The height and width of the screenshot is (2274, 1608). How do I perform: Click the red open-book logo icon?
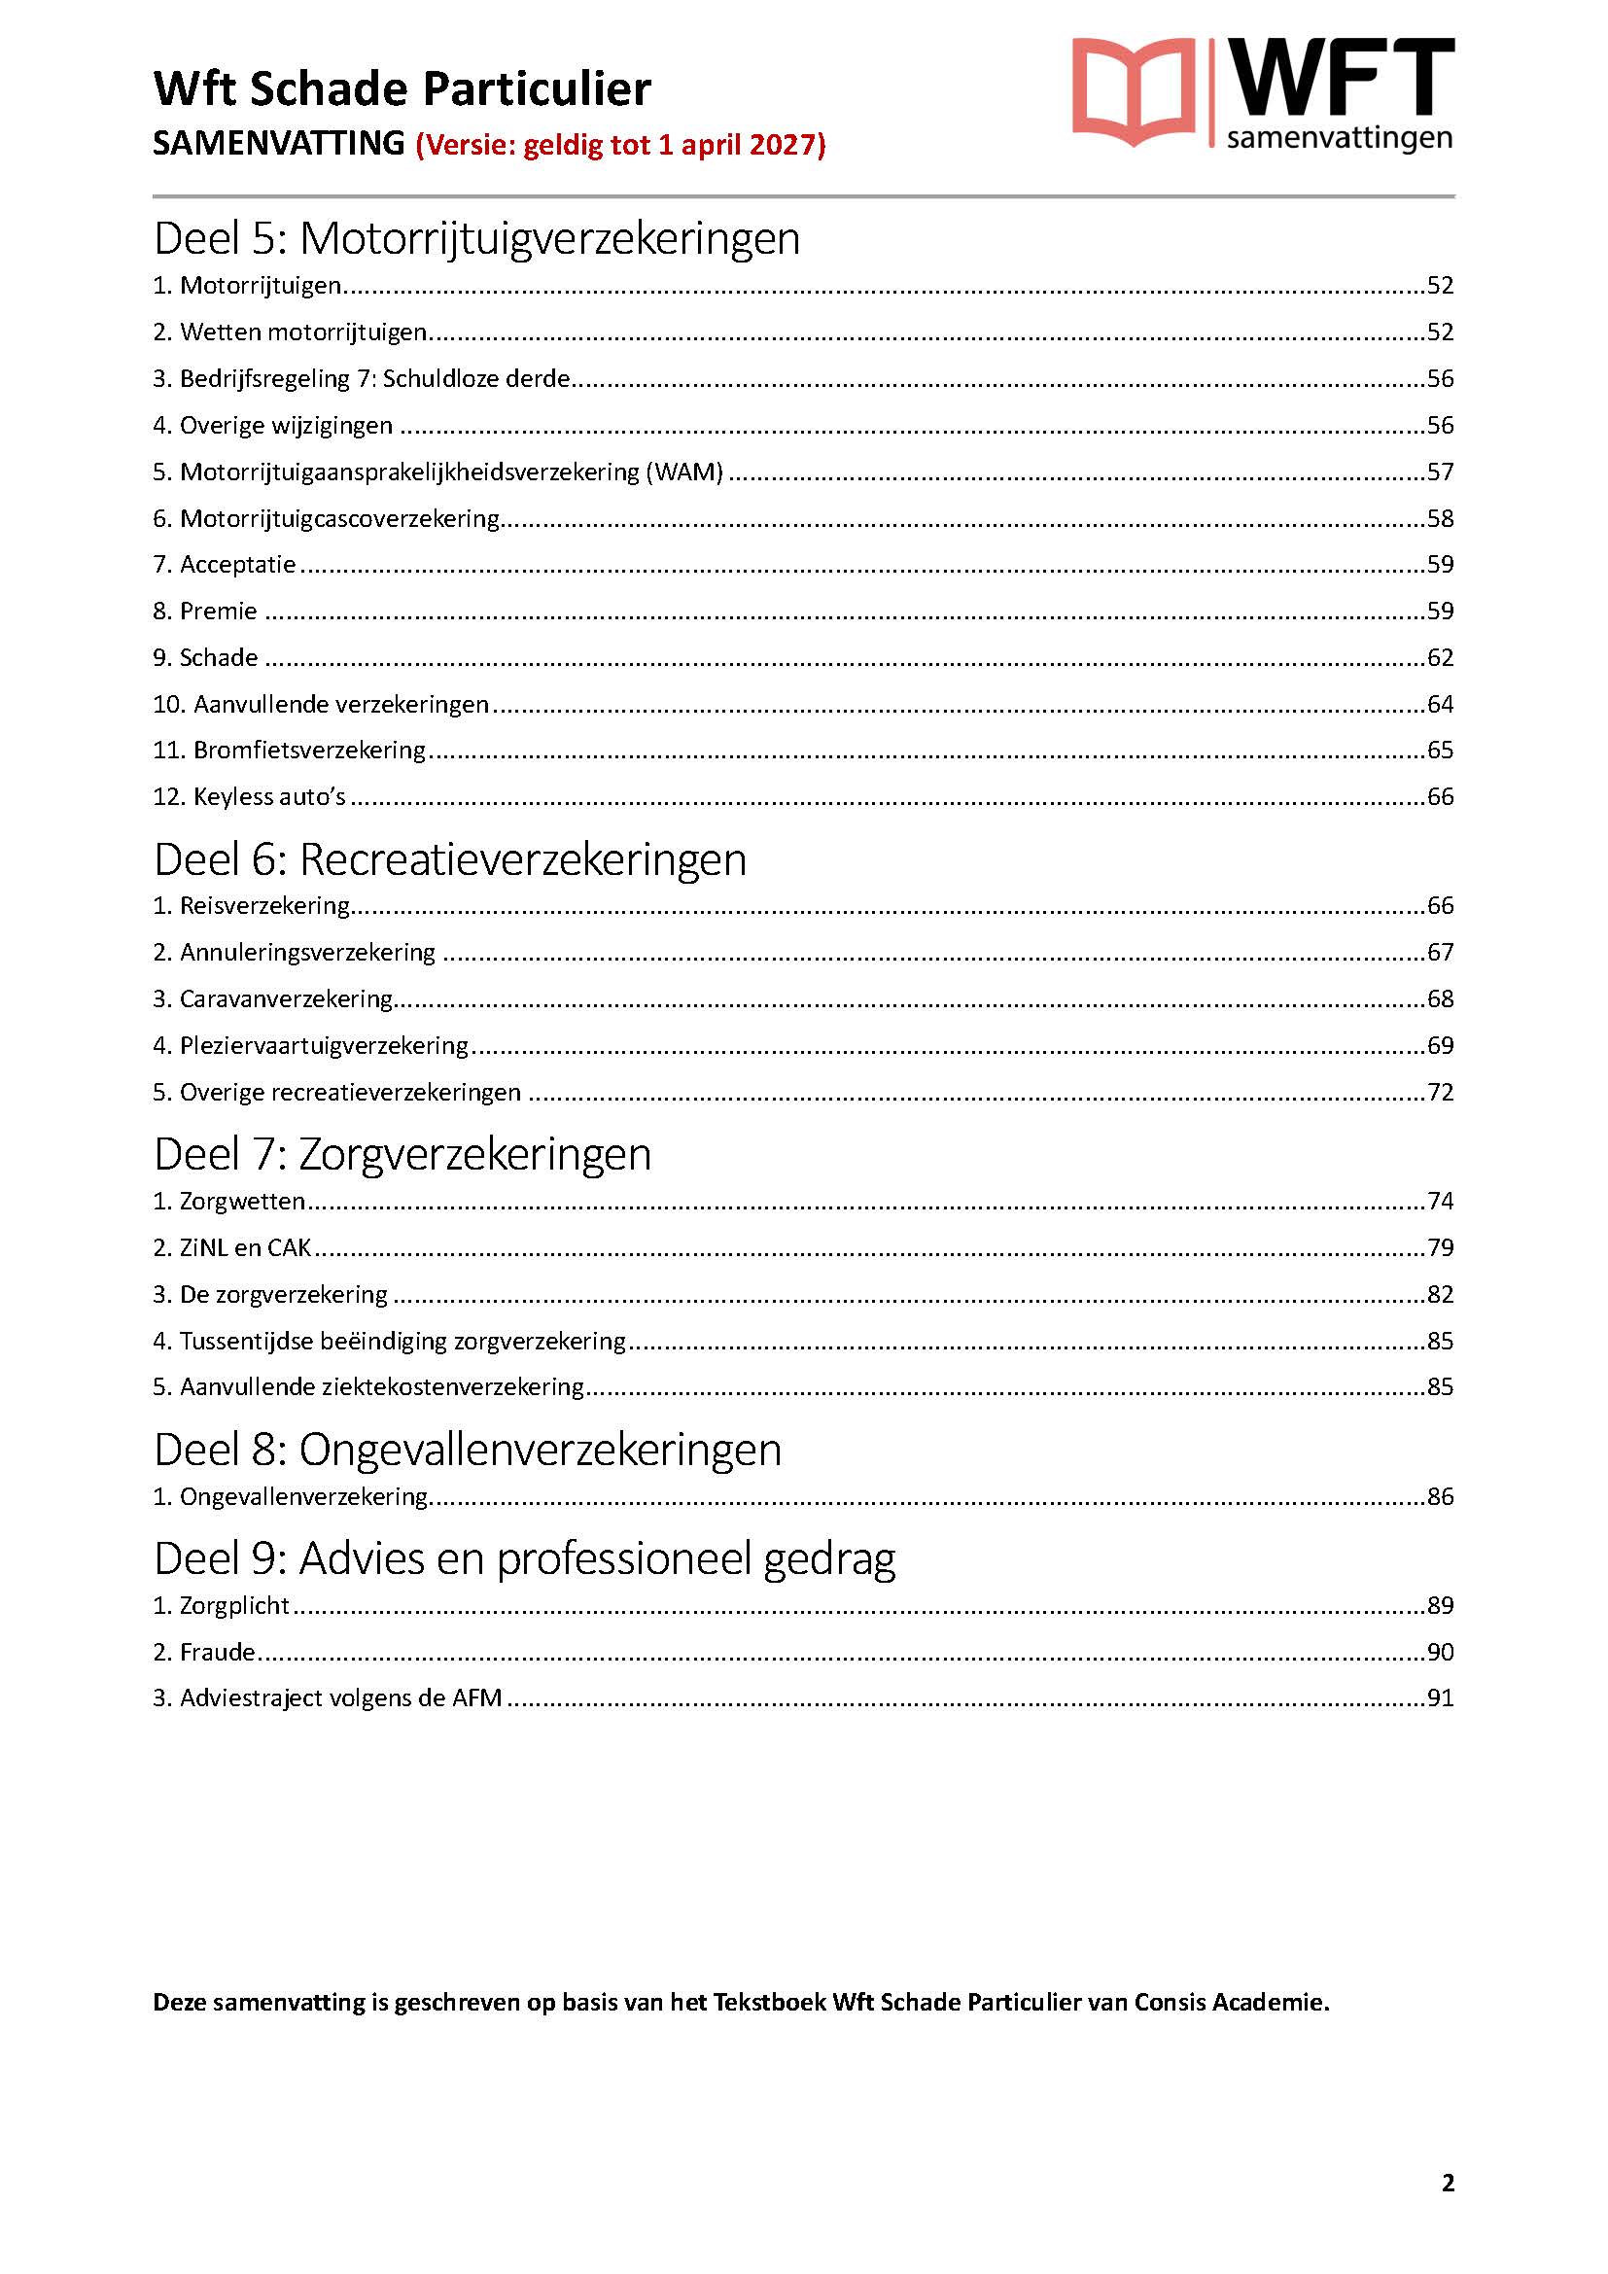(1133, 92)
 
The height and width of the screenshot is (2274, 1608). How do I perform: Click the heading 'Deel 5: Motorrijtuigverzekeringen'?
(476, 239)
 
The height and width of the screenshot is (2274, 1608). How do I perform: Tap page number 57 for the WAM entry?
(1439, 472)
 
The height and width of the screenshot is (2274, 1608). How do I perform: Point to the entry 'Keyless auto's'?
(250, 797)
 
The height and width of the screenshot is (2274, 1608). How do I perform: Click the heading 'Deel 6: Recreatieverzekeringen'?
(449, 859)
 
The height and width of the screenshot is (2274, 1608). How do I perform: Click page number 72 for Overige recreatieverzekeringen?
(1439, 1093)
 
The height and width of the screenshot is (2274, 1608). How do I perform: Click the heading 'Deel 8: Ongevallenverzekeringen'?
(468, 1450)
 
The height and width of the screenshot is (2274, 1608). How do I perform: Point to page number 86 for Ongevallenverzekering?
(1439, 1496)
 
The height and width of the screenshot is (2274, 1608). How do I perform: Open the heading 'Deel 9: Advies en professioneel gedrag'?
(524, 1558)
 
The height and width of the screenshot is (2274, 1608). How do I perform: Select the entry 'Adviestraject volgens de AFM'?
(328, 1698)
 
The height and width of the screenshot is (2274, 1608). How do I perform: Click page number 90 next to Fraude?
(1439, 1652)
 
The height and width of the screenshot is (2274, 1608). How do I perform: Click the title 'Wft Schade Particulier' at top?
(402, 89)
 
